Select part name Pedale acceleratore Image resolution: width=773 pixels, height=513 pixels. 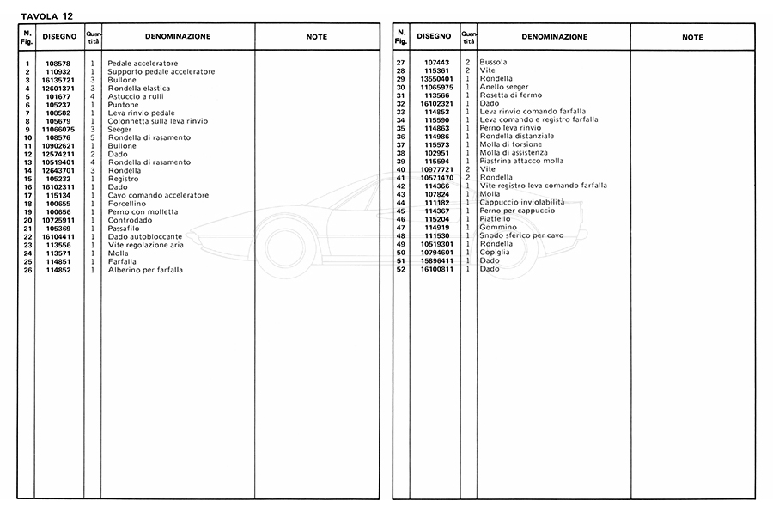pyautogui.click(x=143, y=64)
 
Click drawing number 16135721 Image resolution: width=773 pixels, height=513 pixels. pyautogui.click(x=59, y=80)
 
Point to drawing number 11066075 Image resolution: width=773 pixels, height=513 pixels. pyautogui.click(x=59, y=130)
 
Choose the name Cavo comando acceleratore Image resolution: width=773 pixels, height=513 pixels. pyautogui.click(x=158, y=196)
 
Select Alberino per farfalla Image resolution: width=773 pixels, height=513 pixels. pyautogui.click(x=145, y=270)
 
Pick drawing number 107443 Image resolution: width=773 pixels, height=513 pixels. pyautogui.click(x=436, y=63)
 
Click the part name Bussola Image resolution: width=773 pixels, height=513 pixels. pyautogui.click(x=493, y=63)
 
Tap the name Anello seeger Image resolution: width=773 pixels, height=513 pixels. pyautogui.click(x=504, y=88)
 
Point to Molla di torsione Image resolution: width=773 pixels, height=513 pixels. pyautogui.click(x=512, y=145)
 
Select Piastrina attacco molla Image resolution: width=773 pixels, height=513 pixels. pyautogui.click(x=521, y=162)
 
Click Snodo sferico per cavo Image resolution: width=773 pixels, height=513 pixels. pyautogui.click(x=521, y=235)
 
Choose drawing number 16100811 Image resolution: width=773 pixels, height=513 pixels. pyautogui.click(x=435, y=269)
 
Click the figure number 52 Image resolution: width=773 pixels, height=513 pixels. pyautogui.click(x=400, y=269)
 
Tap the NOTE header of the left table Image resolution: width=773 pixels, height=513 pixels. pyautogui.click(x=317, y=38)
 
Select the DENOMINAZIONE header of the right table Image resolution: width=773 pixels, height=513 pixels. pyautogui.click(x=554, y=38)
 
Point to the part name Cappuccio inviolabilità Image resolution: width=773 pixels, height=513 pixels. pyautogui.click(x=521, y=203)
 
